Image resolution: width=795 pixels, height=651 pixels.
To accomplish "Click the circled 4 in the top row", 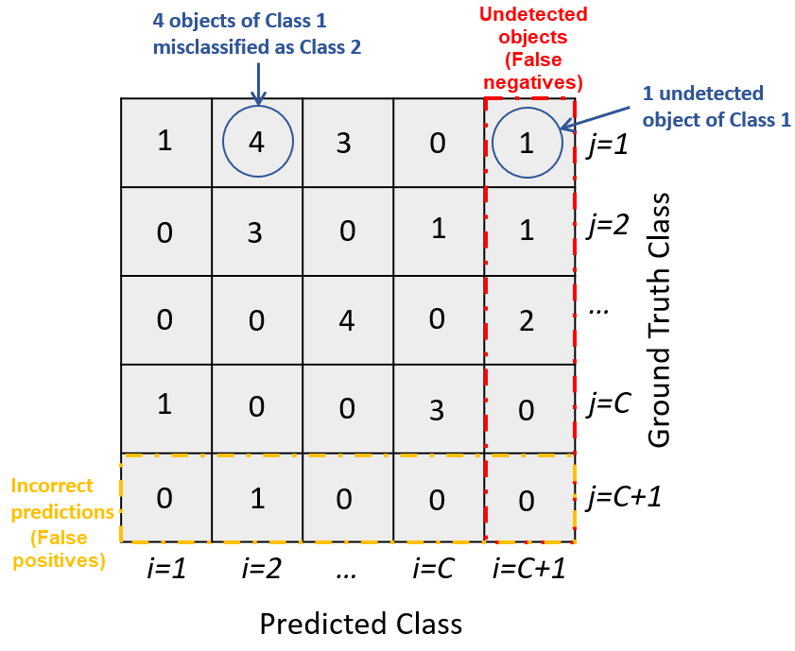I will (257, 142).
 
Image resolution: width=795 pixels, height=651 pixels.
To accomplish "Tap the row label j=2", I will (606, 229).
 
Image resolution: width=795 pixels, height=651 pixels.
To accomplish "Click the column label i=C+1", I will (528, 570).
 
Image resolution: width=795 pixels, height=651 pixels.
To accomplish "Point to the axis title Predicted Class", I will (360, 624).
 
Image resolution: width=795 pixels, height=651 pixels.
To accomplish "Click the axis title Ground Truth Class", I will (660, 319).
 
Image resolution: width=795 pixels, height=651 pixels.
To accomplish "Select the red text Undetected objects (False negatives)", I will (532, 48).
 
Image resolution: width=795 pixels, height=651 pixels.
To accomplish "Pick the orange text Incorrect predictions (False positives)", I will (59, 523).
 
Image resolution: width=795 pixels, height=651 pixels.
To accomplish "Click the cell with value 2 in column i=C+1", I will (527, 320).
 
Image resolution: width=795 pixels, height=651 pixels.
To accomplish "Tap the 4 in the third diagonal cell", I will (347, 320).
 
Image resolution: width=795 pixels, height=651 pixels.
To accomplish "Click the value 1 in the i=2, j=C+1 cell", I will (255, 498).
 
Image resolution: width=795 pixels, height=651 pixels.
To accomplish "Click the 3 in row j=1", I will (345, 144).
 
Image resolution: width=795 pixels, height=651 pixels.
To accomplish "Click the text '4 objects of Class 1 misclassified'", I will (258, 33).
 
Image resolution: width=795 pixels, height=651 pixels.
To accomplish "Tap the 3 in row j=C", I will (437, 408).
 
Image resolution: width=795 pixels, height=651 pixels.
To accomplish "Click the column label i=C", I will (437, 570).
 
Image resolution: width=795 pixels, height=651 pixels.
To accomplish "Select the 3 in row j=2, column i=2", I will (255, 231).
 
